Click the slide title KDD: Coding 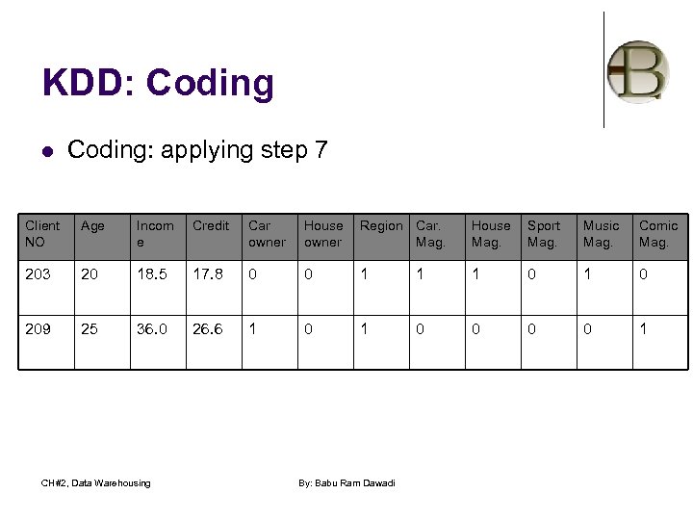[158, 84]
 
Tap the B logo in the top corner [637, 72]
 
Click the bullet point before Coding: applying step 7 [47, 150]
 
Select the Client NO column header [42, 234]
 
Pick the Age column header [93, 226]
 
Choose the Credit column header [211, 226]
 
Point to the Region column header [381, 226]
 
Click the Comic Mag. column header [658, 234]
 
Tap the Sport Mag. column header [544, 234]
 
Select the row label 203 [38, 274]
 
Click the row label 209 [38, 328]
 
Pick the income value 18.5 [151, 274]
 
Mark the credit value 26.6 [207, 328]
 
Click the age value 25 [90, 328]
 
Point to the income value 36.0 [151, 328]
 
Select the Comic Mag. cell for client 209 [643, 328]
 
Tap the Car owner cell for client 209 [252, 328]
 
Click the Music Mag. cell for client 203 [587, 274]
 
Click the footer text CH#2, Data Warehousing [96, 482]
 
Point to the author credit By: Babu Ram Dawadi [347, 482]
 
